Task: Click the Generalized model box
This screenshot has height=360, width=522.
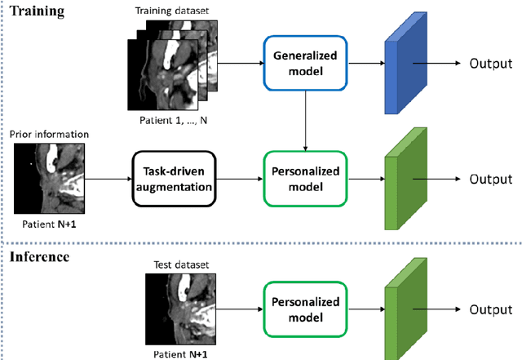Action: point(304,63)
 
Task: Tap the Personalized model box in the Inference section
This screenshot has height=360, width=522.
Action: point(304,309)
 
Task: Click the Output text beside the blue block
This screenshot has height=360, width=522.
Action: point(490,64)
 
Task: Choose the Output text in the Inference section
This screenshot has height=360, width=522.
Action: point(490,309)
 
